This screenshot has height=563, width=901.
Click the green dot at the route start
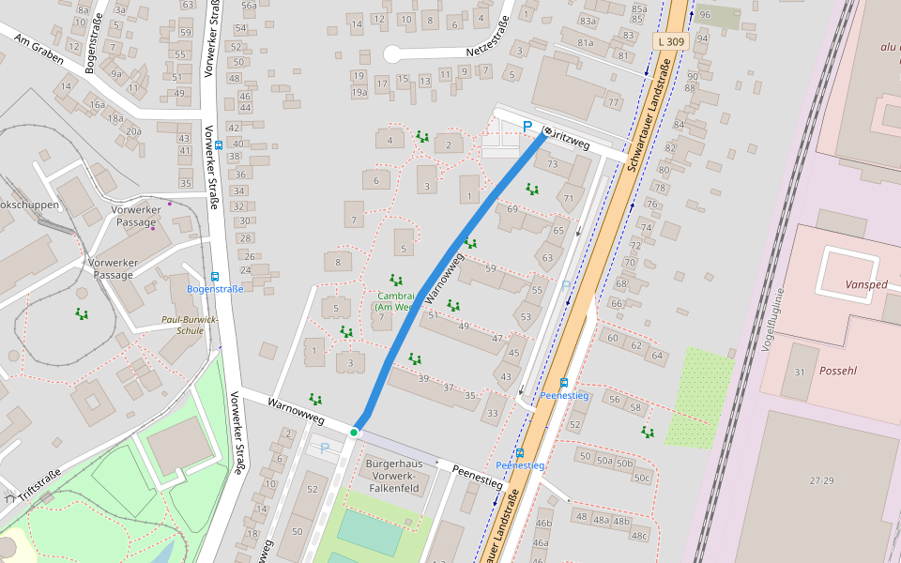(x=354, y=432)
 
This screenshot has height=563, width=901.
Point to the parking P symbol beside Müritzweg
(x=527, y=127)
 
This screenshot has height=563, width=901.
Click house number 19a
(x=359, y=92)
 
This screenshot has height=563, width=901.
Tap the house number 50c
(x=641, y=478)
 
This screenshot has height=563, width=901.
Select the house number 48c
(x=639, y=536)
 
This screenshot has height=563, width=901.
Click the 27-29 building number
(x=821, y=479)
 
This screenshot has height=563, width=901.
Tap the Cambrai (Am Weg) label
(x=394, y=300)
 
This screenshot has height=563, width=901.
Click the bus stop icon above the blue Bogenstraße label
(x=215, y=277)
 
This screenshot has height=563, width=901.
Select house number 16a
(x=96, y=105)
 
